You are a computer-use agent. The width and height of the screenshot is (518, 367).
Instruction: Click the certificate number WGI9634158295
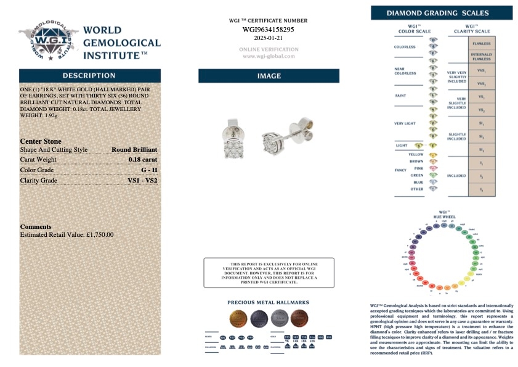point(268,29)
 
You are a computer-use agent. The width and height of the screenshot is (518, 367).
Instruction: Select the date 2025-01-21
point(268,38)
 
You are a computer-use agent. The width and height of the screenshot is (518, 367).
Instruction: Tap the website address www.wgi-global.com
point(268,56)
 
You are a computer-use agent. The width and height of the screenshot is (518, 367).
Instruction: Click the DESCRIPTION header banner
point(89,75)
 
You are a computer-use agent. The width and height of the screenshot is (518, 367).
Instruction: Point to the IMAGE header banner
point(269,76)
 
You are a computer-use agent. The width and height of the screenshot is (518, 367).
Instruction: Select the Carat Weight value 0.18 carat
point(142,159)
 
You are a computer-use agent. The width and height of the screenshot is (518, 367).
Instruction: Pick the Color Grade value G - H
point(148,170)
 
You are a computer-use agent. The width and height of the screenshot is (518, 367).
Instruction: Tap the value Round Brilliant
point(134,149)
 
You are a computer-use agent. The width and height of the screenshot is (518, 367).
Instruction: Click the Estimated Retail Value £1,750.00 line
point(67,235)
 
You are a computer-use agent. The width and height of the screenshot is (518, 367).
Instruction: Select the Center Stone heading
point(41,141)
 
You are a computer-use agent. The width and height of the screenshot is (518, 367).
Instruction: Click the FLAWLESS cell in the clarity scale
point(481,44)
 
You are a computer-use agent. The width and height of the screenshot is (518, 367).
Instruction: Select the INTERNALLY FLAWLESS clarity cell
point(481,57)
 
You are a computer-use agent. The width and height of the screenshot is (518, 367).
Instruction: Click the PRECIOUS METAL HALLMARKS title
point(268,303)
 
